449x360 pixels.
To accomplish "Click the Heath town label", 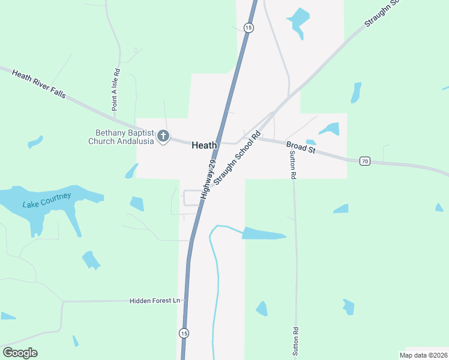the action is pos(204,145).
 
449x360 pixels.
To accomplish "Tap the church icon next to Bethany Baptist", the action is pos(163,137).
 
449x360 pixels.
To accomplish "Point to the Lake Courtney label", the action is pos(47,200).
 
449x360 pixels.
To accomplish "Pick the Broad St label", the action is pos(301,147).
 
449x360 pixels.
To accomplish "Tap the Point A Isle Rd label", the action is pos(115,90).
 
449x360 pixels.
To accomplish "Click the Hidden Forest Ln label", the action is pos(155,301).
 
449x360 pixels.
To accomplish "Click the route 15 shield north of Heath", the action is pos(249,28).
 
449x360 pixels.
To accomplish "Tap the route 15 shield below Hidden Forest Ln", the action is pos(184,333).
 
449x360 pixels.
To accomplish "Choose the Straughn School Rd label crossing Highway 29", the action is pos(238,159).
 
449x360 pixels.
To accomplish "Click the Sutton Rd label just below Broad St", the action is pos(293,166).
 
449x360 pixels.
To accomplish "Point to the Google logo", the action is pos(20,353).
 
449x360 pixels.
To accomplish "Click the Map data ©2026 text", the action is pos(423,355).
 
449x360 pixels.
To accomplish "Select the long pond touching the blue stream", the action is pos(264,233).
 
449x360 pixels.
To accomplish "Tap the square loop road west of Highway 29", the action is pos(191,197).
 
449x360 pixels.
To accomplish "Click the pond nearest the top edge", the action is pos(298,19).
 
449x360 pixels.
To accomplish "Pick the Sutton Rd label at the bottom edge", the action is pos(295,343).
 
